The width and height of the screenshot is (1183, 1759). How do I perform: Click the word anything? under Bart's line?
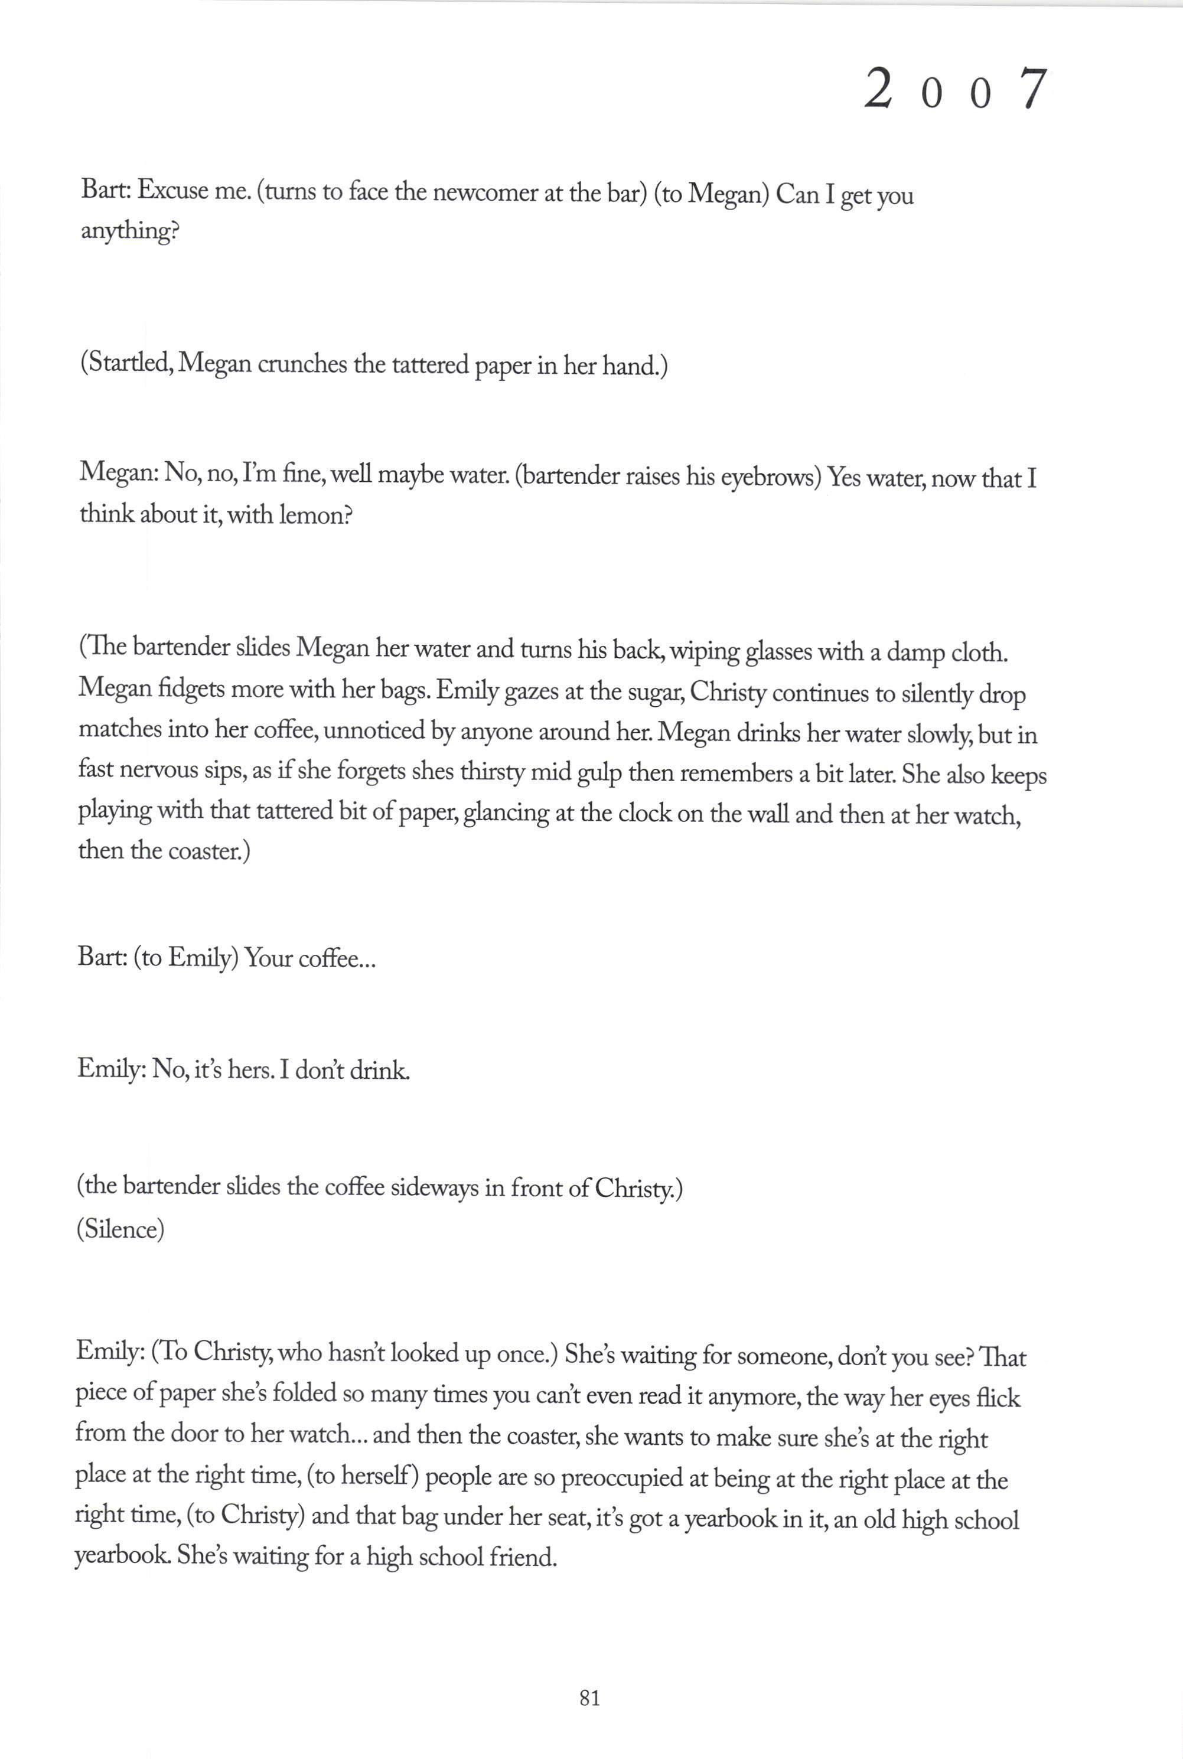coord(130,231)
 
